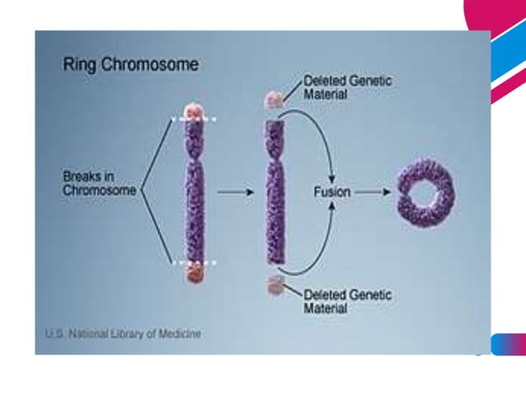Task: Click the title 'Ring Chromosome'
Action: click(x=130, y=64)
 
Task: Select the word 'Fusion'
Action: click(x=332, y=191)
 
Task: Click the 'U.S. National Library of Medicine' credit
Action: click(x=122, y=335)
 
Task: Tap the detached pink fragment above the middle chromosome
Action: click(x=274, y=101)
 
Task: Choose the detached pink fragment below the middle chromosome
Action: click(x=275, y=285)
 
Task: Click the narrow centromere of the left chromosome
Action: click(x=195, y=156)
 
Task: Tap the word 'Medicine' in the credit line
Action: click(x=181, y=335)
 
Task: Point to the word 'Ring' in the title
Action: click(x=81, y=64)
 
